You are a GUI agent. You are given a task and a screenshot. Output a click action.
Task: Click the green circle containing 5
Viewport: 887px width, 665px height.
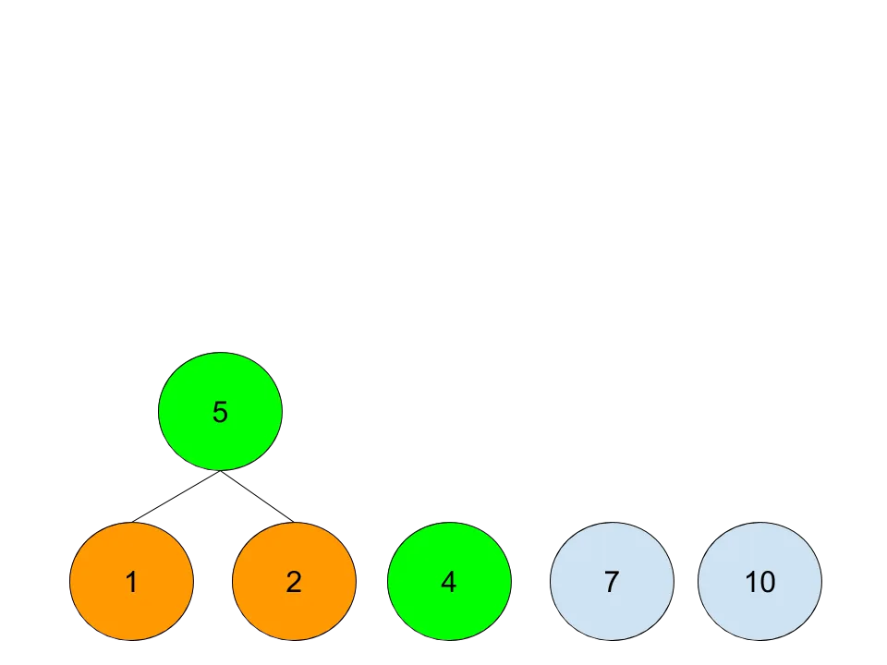point(220,411)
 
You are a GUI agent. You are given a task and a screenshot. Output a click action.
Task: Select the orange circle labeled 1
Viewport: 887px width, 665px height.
point(132,581)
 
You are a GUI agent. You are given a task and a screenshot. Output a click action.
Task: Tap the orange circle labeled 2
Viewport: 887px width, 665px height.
point(294,581)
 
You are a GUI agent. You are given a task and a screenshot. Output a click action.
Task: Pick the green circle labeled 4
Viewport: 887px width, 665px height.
point(449,581)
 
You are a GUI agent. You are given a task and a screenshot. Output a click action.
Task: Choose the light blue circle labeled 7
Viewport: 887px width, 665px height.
point(612,581)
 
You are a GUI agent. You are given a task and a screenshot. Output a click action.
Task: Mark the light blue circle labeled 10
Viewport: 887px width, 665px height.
point(759,581)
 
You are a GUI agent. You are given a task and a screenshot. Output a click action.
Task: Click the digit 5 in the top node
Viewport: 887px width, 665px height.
point(220,412)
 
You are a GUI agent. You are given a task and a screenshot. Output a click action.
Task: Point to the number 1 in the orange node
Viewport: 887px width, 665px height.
point(131,582)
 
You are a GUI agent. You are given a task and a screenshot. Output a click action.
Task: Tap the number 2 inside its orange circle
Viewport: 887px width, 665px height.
point(294,582)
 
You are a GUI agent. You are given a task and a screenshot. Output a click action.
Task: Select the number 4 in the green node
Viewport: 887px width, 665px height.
point(449,582)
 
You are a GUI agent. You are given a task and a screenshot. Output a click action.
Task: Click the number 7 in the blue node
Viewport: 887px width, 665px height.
point(612,582)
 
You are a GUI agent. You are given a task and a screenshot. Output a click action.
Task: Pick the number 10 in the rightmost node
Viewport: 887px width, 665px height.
point(759,582)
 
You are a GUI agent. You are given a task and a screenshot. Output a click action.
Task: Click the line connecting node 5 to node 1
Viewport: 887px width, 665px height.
point(176,497)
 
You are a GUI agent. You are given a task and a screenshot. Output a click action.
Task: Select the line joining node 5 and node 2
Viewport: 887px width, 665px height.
point(258,497)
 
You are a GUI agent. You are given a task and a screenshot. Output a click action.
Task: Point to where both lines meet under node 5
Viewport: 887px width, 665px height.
point(220,471)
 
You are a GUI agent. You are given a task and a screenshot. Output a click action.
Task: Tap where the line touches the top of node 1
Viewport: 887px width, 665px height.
point(132,522)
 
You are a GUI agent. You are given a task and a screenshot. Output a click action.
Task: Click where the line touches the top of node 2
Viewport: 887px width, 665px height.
point(294,522)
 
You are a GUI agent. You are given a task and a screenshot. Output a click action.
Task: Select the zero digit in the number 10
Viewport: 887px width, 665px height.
point(768,582)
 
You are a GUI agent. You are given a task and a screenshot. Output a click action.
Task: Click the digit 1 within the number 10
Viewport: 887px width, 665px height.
point(750,582)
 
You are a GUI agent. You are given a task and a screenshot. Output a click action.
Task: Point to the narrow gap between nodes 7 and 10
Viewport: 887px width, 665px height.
point(687,581)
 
